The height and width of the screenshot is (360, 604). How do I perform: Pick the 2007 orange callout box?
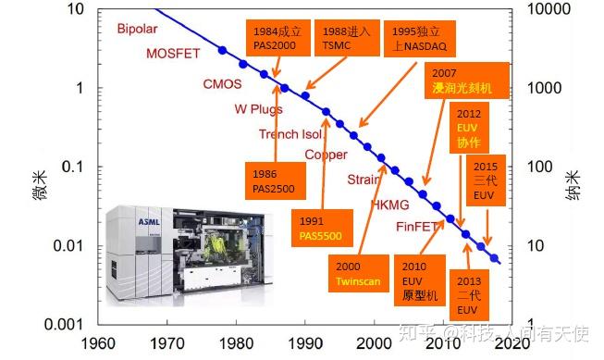(468, 81)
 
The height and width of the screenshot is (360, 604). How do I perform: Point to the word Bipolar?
(139, 29)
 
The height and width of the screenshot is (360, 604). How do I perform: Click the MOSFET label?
(173, 53)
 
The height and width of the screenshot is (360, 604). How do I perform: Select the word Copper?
(326, 155)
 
